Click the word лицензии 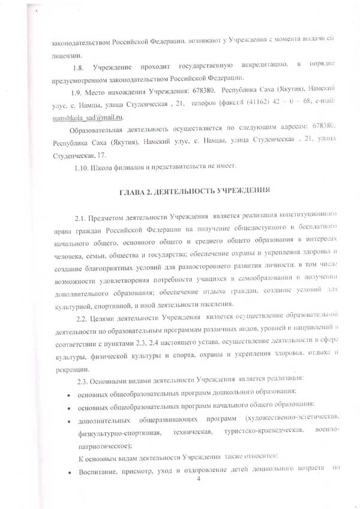65,53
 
